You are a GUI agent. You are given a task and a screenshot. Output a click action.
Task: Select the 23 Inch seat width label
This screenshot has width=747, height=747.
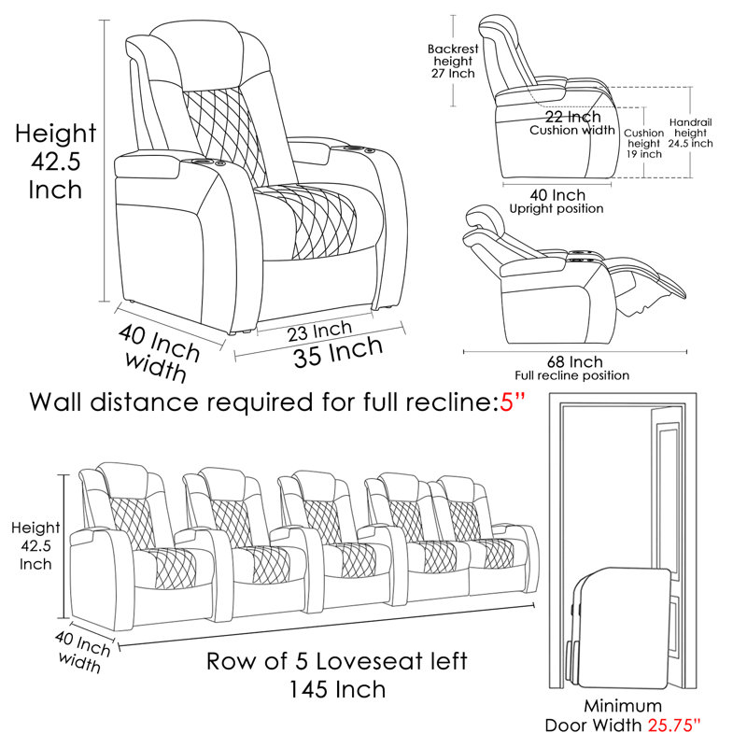coord(318,331)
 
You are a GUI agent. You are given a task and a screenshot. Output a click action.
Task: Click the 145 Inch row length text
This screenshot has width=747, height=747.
coord(336,690)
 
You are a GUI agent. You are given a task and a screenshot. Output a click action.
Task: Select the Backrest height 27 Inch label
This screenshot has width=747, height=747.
coord(451,61)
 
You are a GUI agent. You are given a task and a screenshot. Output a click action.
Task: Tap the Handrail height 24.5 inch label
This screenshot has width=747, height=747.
coord(691,134)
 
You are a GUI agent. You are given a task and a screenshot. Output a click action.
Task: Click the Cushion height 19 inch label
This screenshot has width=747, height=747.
coord(644,144)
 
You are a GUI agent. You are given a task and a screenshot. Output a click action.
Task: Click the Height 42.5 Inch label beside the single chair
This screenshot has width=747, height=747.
coord(55,162)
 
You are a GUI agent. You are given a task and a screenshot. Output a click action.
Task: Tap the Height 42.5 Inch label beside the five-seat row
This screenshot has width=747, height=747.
coord(35,546)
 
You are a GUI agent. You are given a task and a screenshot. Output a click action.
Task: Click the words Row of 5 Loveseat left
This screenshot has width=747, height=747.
coord(336,662)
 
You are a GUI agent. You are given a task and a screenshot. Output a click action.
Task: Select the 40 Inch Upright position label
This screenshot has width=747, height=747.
coord(556,201)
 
